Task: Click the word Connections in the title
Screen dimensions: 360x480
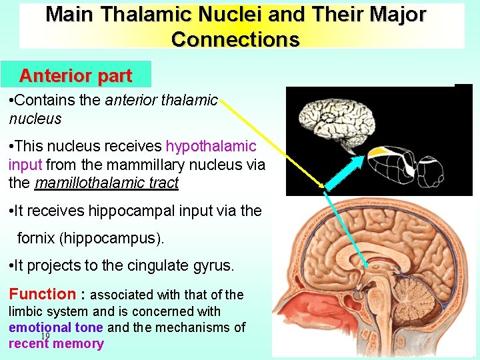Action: point(235,39)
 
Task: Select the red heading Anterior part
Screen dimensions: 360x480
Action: point(75,75)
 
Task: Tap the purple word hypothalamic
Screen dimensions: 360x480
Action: point(211,146)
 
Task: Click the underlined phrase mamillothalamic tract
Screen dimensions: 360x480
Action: point(107,182)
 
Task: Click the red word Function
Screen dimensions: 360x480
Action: point(42,294)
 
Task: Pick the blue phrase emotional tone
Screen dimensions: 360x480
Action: point(56,327)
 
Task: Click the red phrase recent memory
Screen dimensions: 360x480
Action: point(56,344)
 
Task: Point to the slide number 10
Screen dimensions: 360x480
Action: point(45,336)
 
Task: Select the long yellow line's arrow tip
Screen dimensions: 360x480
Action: point(325,187)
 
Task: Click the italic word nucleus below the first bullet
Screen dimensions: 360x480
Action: point(35,119)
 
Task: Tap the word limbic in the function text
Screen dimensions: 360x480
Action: point(27,311)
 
